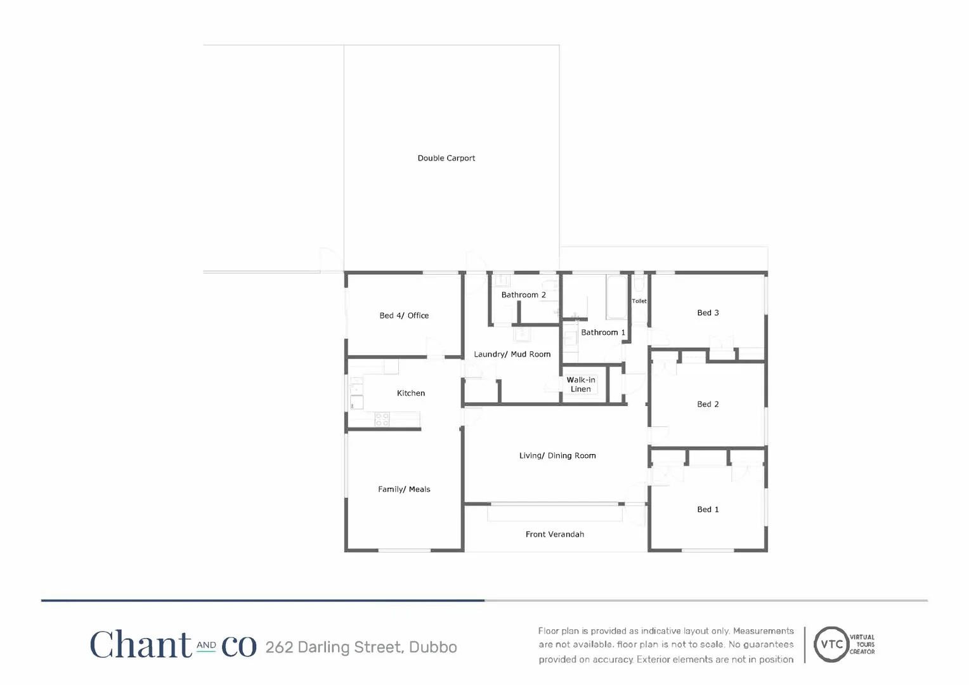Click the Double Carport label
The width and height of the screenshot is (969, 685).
[446, 158]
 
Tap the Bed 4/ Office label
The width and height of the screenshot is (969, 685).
[404, 315]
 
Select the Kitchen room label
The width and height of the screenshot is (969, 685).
[411, 393]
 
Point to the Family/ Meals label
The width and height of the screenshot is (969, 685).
[404, 489]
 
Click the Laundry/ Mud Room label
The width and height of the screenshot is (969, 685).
[512, 354]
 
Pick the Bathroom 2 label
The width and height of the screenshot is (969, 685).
[523, 295]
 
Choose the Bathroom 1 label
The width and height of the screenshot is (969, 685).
[602, 332]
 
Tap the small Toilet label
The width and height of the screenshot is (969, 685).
[639, 301]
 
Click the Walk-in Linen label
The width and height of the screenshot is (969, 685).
[581, 384]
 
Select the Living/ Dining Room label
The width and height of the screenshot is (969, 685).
[557, 455]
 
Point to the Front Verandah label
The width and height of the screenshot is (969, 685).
[555, 534]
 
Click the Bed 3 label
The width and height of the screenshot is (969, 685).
[708, 313]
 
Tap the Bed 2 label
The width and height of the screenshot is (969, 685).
[708, 404]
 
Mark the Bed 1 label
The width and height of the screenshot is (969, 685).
[708, 509]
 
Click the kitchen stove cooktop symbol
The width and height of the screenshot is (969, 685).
[382, 419]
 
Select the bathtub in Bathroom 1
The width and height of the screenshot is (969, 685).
[616, 297]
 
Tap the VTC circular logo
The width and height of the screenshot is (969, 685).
[831, 644]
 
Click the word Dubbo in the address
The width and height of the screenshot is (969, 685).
[433, 647]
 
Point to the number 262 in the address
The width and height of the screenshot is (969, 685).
[279, 647]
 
